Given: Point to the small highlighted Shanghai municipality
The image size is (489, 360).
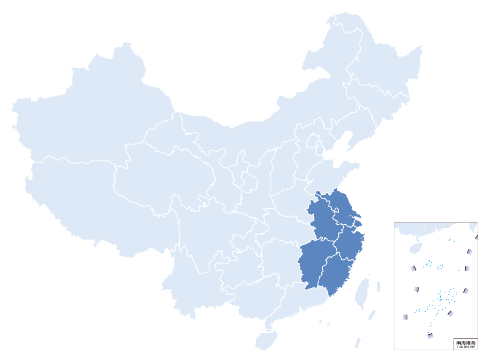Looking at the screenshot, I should click(x=359, y=223).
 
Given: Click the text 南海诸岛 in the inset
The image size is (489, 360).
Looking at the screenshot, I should click(x=465, y=343).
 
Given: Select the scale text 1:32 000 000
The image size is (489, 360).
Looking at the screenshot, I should click(x=465, y=347).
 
